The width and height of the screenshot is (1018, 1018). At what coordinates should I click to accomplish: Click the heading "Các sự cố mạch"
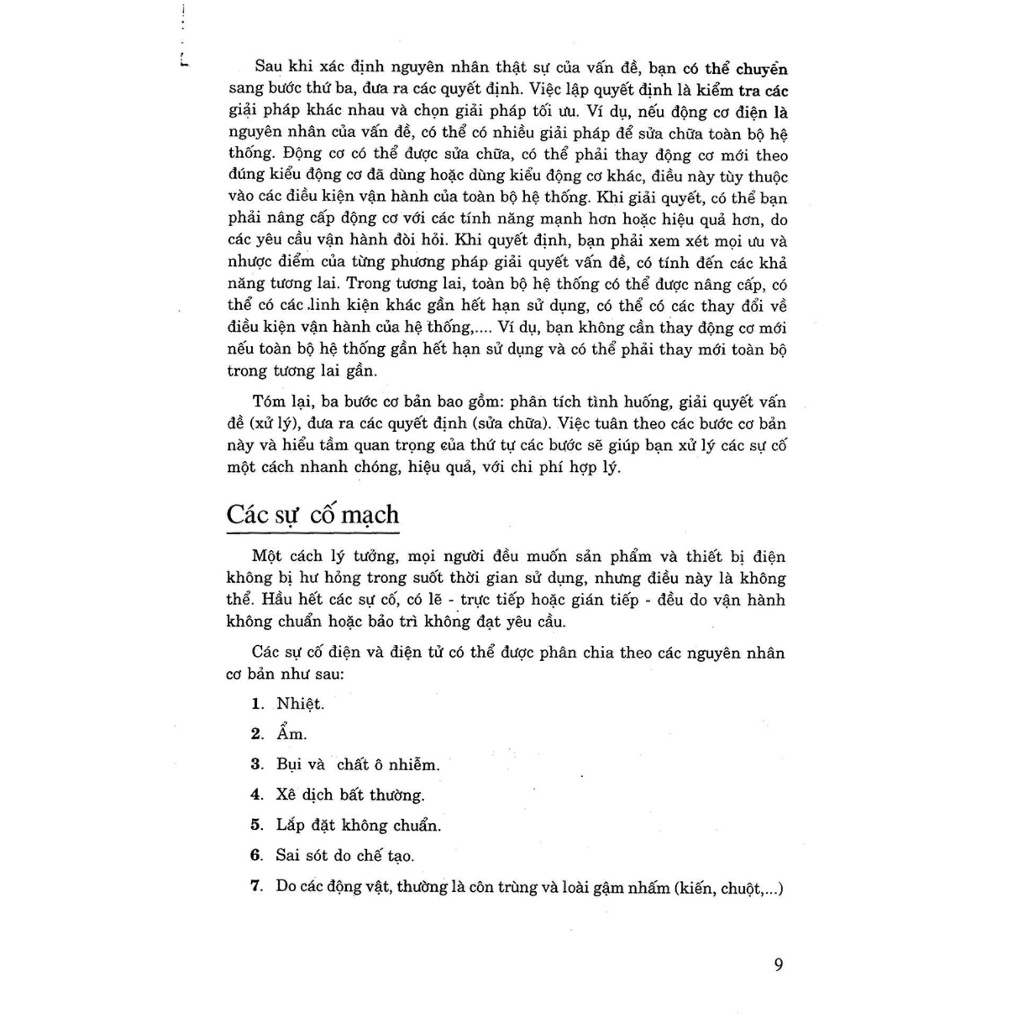click(312, 515)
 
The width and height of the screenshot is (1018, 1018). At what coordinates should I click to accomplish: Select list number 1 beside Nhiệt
click(257, 704)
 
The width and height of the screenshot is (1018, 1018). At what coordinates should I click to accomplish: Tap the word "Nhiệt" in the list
click(300, 704)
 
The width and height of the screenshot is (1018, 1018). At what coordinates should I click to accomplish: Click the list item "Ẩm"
click(291, 734)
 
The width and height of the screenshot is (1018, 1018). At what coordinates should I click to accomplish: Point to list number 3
click(257, 764)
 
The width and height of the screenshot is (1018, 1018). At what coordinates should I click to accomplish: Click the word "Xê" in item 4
click(285, 794)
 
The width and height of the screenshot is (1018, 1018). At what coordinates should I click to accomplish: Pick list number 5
click(257, 825)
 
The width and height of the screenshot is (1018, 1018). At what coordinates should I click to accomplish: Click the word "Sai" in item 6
click(287, 855)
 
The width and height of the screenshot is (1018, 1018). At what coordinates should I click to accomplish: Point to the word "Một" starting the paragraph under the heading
click(267, 556)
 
